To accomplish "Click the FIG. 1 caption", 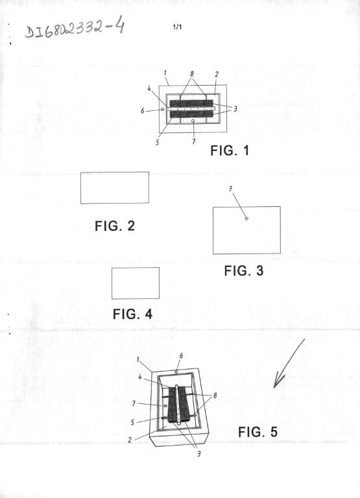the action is tap(230, 150).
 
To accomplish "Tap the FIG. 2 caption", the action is tap(115, 226).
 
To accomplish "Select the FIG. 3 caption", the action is tap(244, 271).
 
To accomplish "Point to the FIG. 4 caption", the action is tap(132, 314).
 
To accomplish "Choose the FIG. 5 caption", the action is tap(258, 432).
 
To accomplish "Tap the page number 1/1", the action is tap(177, 27).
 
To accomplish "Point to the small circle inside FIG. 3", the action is tap(246, 218).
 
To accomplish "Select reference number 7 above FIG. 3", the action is tap(230, 189).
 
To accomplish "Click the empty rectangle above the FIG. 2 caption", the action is tap(115, 187).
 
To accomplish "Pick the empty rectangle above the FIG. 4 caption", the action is tap(136, 283).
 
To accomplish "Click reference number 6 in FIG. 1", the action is tap(143, 111).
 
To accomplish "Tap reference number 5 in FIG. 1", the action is tap(157, 142).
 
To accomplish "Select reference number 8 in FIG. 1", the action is tap(192, 74).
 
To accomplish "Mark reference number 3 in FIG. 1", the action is tap(235, 109).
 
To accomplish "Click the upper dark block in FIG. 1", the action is tap(191, 104).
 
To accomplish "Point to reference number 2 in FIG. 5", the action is tap(130, 440).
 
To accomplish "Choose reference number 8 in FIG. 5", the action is tap(215, 396).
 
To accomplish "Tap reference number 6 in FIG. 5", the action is tap(181, 356).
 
